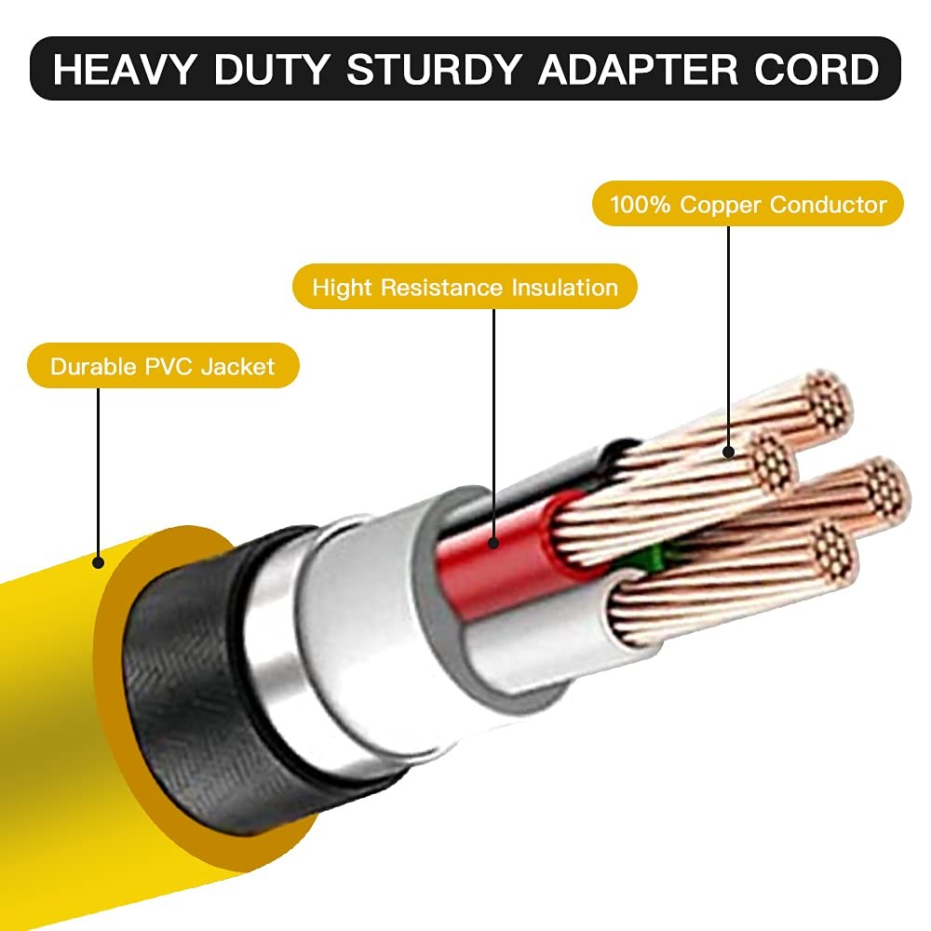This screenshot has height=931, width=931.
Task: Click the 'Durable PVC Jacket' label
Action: [x=163, y=366]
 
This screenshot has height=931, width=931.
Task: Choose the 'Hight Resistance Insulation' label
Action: [x=465, y=287]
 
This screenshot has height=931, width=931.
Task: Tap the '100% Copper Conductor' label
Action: [x=749, y=204]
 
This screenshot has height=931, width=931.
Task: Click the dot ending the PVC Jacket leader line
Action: [x=98, y=561]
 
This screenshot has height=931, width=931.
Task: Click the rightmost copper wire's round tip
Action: [x=884, y=483]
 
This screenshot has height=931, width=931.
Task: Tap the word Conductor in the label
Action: [x=829, y=204]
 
